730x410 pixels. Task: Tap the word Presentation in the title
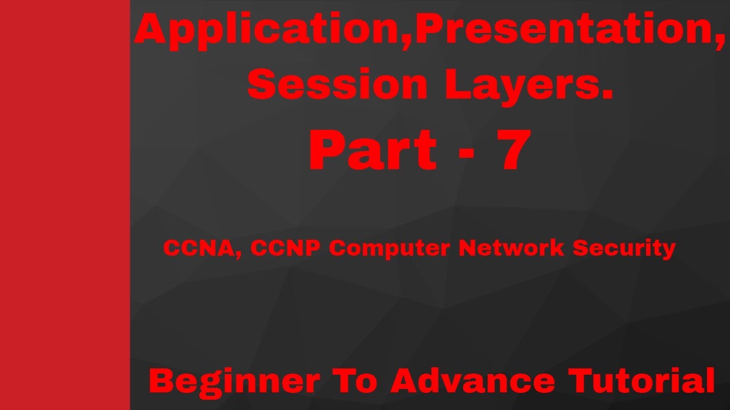tap(559, 31)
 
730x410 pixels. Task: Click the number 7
tap(513, 151)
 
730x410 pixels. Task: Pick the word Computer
tap(390, 249)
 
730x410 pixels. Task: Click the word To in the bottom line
tap(354, 381)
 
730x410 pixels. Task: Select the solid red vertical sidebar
tap(65, 205)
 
